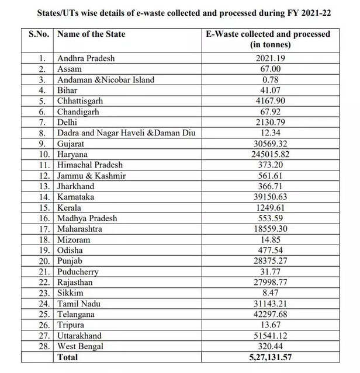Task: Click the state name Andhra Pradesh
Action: pyautogui.click(x=86, y=58)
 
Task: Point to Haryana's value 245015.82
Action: pyautogui.click(x=268, y=154)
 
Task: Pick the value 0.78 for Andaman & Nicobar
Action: pyautogui.click(x=268, y=80)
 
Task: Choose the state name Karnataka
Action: pyautogui.click(x=77, y=197)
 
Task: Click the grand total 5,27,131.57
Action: pyautogui.click(x=268, y=357)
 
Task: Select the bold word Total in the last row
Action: pyautogui.click(x=67, y=357)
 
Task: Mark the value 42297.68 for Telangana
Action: pyautogui.click(x=268, y=314)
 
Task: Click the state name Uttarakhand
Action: pyautogui.click(x=79, y=336)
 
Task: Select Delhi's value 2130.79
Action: pyautogui.click(x=268, y=123)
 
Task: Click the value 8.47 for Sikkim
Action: pyautogui.click(x=268, y=293)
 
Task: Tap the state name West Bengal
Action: pyautogui.click(x=81, y=346)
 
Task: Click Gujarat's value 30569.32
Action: pyautogui.click(x=268, y=144)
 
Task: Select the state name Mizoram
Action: pyautogui.click(x=75, y=239)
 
